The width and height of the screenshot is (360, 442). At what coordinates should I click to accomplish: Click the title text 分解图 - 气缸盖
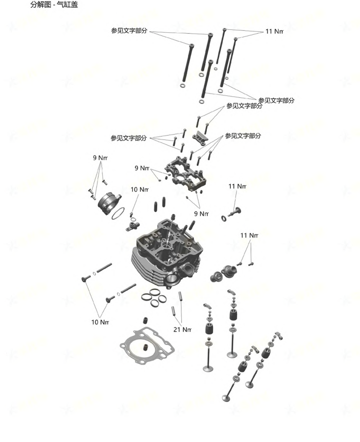54,5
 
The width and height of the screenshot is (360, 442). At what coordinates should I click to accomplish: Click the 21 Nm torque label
182,329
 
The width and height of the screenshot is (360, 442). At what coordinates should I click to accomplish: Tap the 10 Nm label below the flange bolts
100,322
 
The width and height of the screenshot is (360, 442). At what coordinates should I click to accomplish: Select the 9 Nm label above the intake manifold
100,158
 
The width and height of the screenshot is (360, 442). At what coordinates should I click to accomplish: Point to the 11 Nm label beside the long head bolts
274,31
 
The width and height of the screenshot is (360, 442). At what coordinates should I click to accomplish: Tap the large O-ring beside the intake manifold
117,214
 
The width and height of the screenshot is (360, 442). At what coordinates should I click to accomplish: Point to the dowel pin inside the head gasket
145,348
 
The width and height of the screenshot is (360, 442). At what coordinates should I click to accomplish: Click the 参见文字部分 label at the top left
129,30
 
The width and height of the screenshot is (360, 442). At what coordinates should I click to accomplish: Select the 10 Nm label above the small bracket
140,189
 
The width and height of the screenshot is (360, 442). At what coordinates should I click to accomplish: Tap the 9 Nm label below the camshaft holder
201,214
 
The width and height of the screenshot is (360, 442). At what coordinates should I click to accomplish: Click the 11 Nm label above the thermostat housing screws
249,235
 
